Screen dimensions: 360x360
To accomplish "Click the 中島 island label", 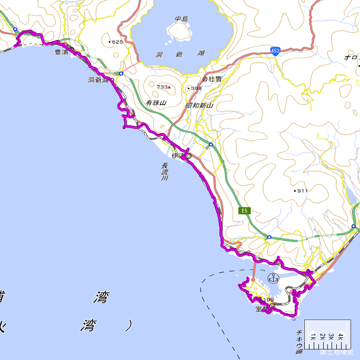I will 182,19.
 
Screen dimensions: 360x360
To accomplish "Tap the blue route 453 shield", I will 276,51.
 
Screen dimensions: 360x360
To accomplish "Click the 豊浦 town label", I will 61,53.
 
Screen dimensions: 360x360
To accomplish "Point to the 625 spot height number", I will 117,42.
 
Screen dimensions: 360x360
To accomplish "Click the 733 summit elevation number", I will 162,87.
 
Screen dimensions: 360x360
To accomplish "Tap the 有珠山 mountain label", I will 156,103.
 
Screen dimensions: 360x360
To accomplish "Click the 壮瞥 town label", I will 215,79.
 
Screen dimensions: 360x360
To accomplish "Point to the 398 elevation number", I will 196,88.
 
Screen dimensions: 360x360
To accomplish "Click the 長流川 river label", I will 164,173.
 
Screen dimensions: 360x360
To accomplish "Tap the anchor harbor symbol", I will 273,278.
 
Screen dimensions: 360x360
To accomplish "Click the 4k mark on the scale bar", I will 341,336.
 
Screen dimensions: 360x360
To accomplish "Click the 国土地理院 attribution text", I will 336,352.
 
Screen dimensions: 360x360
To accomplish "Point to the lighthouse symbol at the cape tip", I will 294,319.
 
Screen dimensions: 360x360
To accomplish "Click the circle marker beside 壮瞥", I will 205,79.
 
